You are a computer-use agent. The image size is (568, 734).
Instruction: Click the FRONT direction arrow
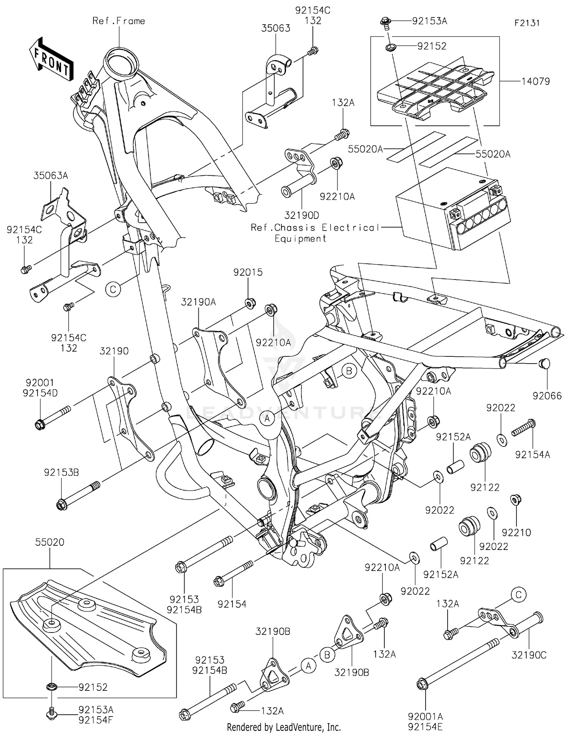51,59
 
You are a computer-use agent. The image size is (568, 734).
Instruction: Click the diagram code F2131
527,23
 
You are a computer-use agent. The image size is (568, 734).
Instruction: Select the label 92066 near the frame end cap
547,396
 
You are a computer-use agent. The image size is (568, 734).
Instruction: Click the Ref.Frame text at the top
119,21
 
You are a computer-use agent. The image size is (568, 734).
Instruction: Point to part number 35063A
50,176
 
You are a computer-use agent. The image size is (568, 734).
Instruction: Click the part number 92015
248,272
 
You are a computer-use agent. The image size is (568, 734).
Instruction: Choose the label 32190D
301,215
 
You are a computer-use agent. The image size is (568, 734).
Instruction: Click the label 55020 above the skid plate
50,542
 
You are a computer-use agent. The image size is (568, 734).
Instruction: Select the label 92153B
61,472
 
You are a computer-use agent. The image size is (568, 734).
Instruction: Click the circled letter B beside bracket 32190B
327,654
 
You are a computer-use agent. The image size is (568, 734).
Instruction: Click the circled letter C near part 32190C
518,595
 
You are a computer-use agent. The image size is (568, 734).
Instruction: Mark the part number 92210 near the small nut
516,532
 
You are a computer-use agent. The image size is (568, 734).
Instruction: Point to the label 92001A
425,717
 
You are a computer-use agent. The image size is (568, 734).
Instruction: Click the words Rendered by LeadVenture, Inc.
284,727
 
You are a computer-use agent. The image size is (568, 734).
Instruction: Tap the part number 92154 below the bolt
232,604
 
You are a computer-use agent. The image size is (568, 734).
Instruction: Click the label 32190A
198,302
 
